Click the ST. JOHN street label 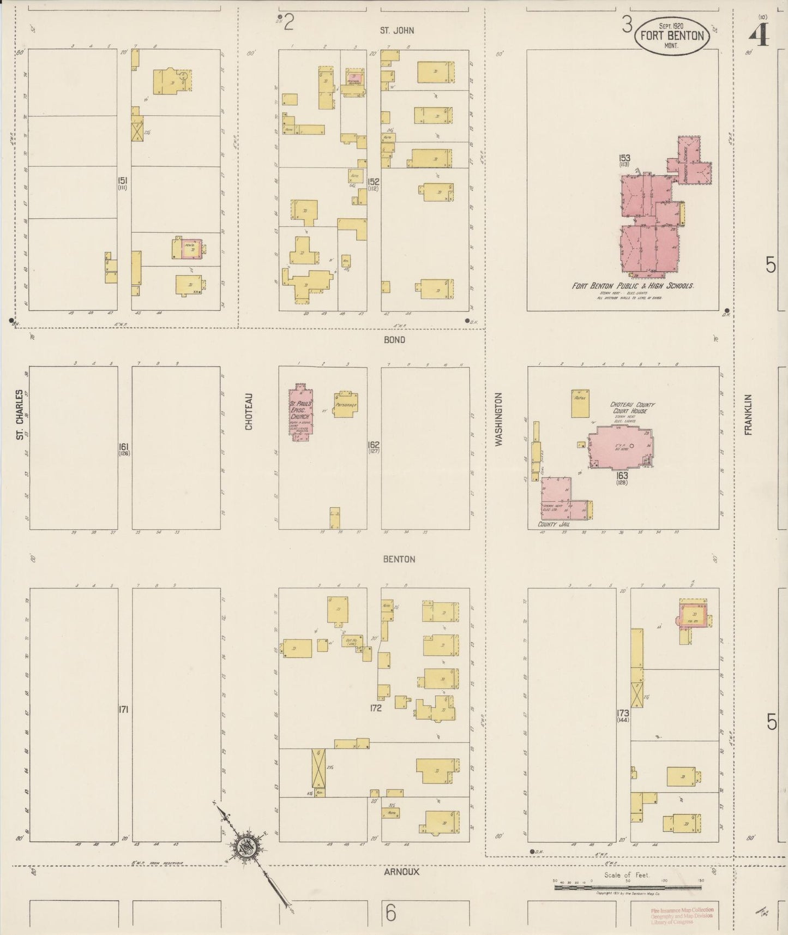pos(397,31)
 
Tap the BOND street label pos(394,340)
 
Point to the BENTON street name pos(399,559)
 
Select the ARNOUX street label pos(401,872)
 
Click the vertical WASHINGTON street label pos(498,420)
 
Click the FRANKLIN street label pos(748,415)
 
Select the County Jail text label pos(554,524)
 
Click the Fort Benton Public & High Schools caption pos(635,286)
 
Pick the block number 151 pos(123,181)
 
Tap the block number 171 pos(123,710)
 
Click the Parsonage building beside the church pos(345,405)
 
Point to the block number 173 pos(623,713)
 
